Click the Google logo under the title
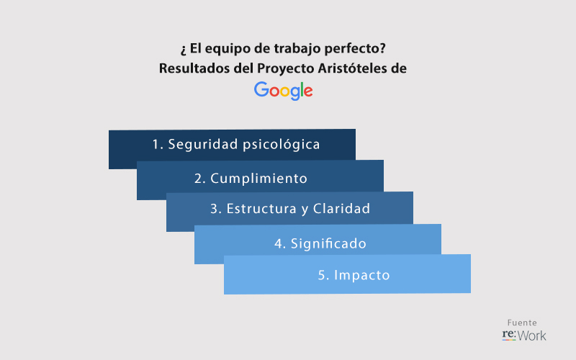283,91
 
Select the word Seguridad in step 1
203,145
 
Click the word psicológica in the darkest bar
282,145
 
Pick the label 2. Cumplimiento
251,179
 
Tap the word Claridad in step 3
341,209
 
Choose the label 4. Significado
320,243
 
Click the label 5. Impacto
354,275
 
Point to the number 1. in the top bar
158,145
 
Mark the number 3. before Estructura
216,209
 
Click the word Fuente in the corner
522,323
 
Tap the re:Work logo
524,335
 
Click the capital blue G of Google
261,89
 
